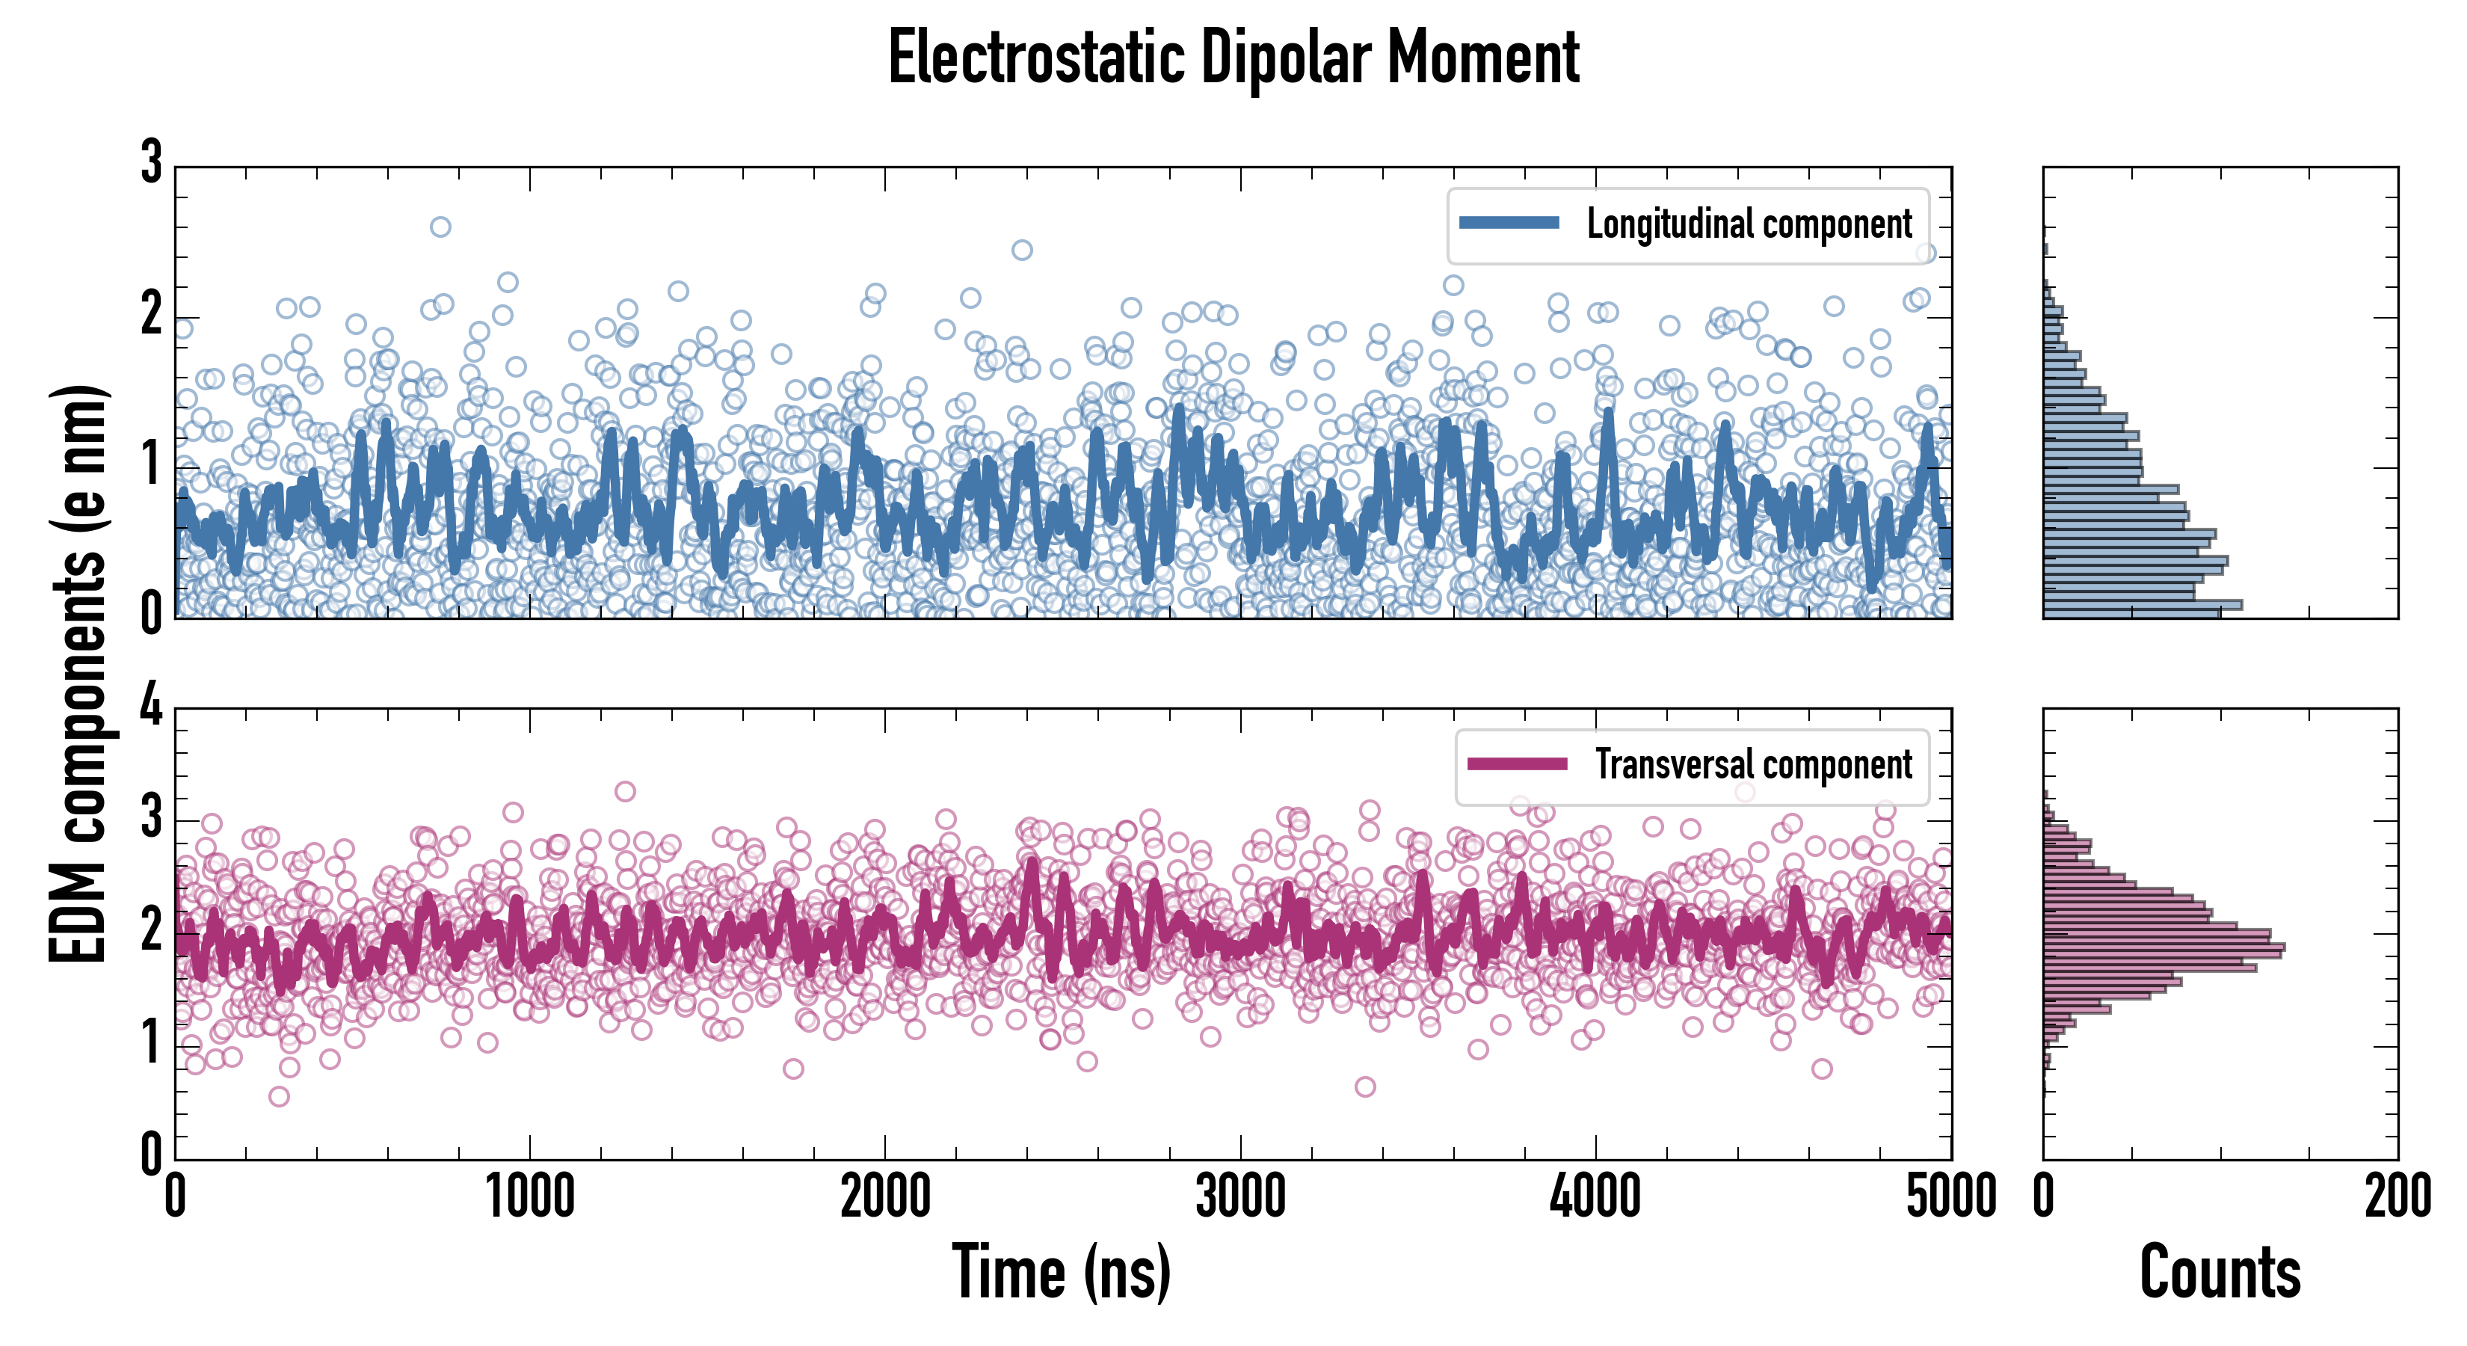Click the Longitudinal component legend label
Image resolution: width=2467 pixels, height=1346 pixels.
coord(1749,224)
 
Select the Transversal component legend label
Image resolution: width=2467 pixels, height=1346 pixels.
coord(1752,764)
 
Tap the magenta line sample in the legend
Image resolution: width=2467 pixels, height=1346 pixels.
coord(1517,764)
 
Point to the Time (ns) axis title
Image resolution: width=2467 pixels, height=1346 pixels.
coord(1061,1271)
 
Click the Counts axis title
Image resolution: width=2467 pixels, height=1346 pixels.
coord(2219,1271)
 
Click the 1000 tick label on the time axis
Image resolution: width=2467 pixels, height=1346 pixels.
coord(529,1197)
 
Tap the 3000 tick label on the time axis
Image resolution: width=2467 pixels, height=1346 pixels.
coord(1240,1197)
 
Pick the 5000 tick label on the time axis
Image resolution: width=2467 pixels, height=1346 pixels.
coord(1951,1197)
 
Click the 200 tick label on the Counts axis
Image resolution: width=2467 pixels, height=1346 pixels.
coord(2397,1197)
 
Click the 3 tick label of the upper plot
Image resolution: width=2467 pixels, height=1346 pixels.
coord(151,163)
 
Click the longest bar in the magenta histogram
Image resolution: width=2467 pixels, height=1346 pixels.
coord(2163,947)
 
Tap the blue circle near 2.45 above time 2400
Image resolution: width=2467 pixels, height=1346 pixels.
coord(1022,250)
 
